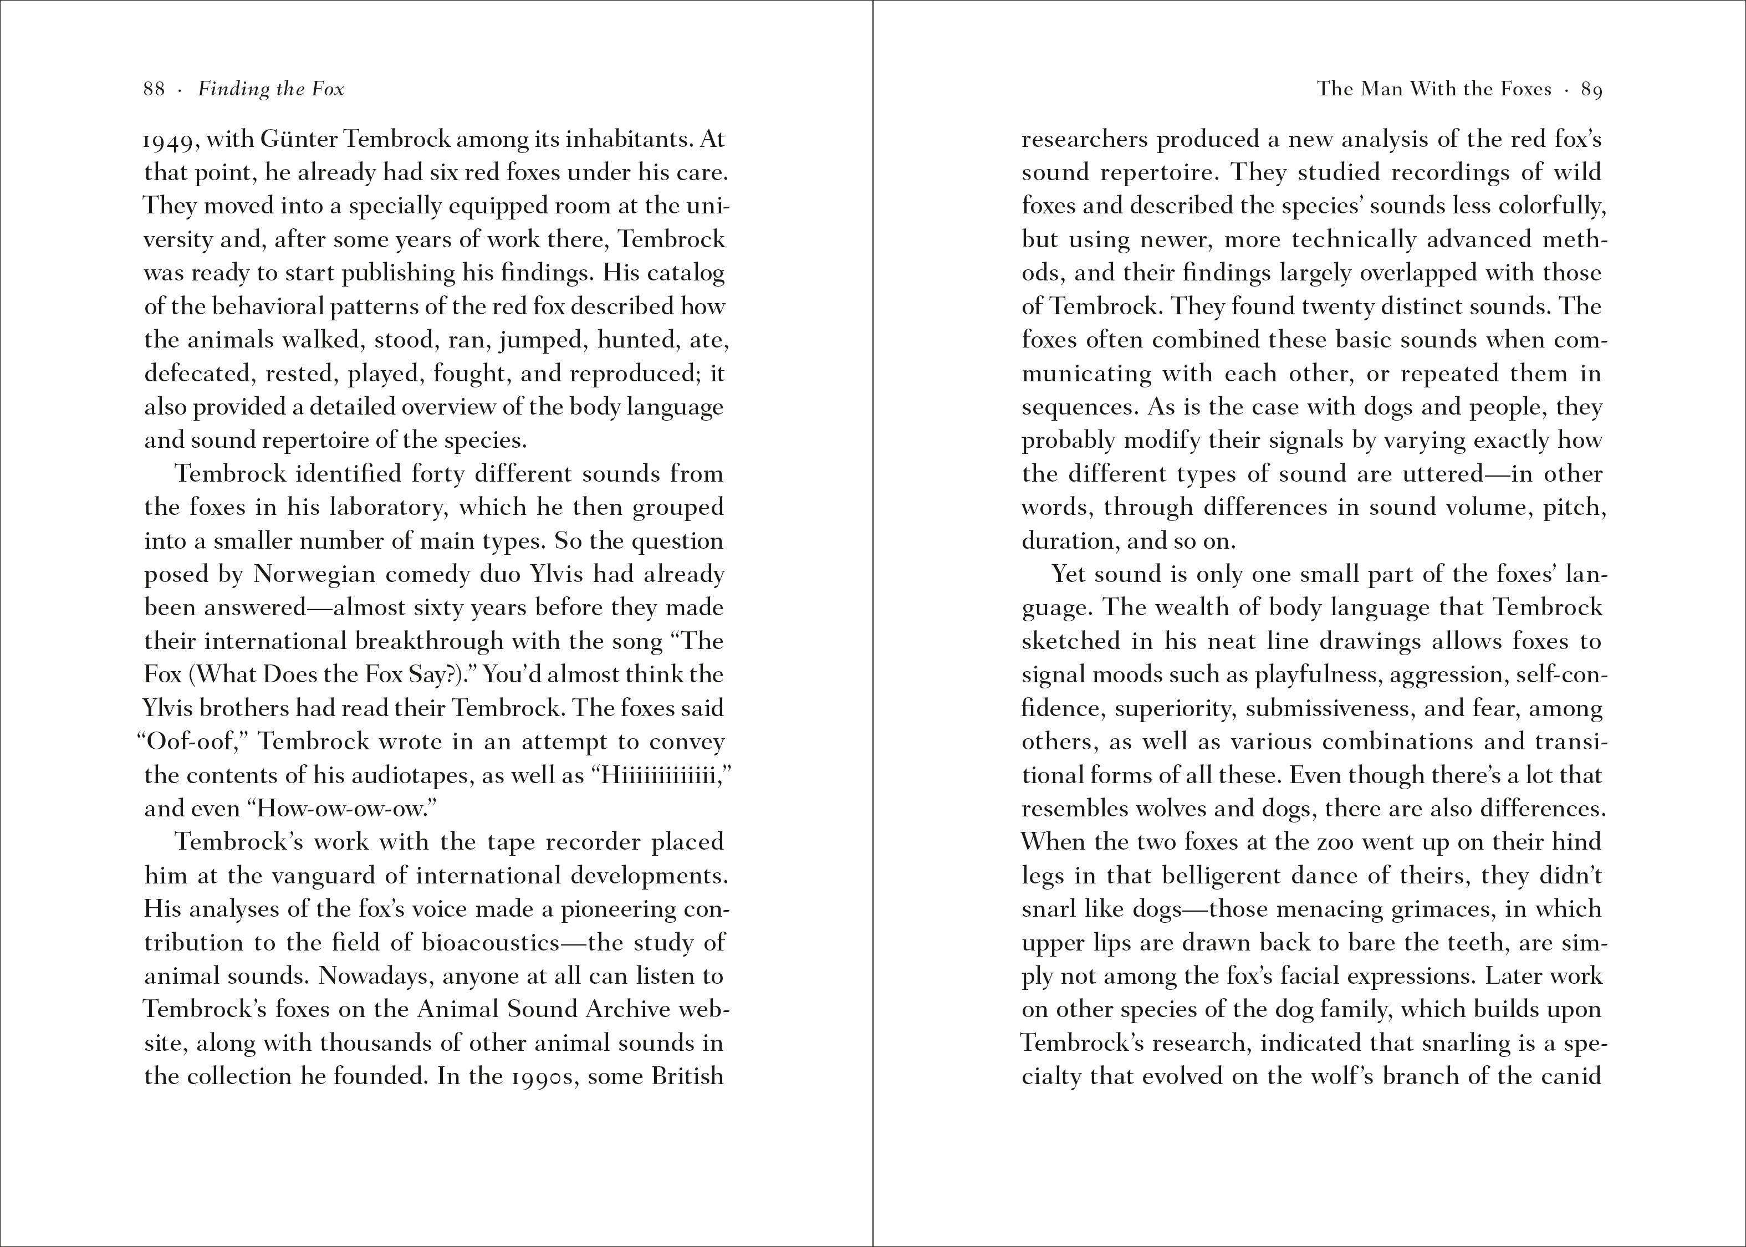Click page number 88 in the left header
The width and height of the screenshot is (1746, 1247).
point(154,90)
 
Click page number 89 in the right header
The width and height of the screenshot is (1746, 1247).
point(1591,90)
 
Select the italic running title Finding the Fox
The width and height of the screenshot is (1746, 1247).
point(271,90)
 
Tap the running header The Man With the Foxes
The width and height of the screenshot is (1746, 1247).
point(1434,90)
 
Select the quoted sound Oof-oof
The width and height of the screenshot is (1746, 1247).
point(193,742)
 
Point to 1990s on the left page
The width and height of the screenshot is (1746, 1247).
point(543,1076)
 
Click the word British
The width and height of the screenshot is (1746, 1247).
point(687,1076)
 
